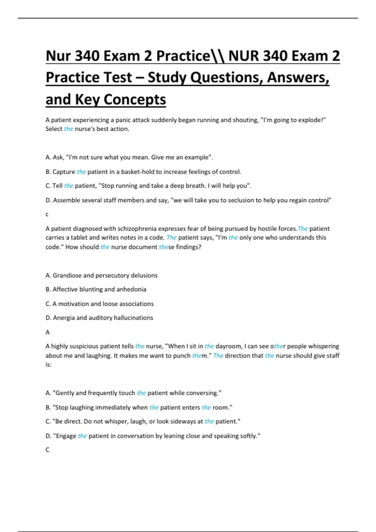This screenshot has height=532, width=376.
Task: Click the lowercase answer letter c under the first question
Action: tap(47, 215)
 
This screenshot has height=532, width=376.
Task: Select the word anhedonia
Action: tap(131, 289)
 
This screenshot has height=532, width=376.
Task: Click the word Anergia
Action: tap(64, 318)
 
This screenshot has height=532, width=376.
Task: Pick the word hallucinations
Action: tap(133, 318)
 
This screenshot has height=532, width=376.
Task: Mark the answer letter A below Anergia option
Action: tap(48, 332)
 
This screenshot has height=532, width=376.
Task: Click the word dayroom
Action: tap(228, 346)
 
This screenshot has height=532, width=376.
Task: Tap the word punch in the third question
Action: tap(181, 356)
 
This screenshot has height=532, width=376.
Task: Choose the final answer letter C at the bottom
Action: tap(48, 450)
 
